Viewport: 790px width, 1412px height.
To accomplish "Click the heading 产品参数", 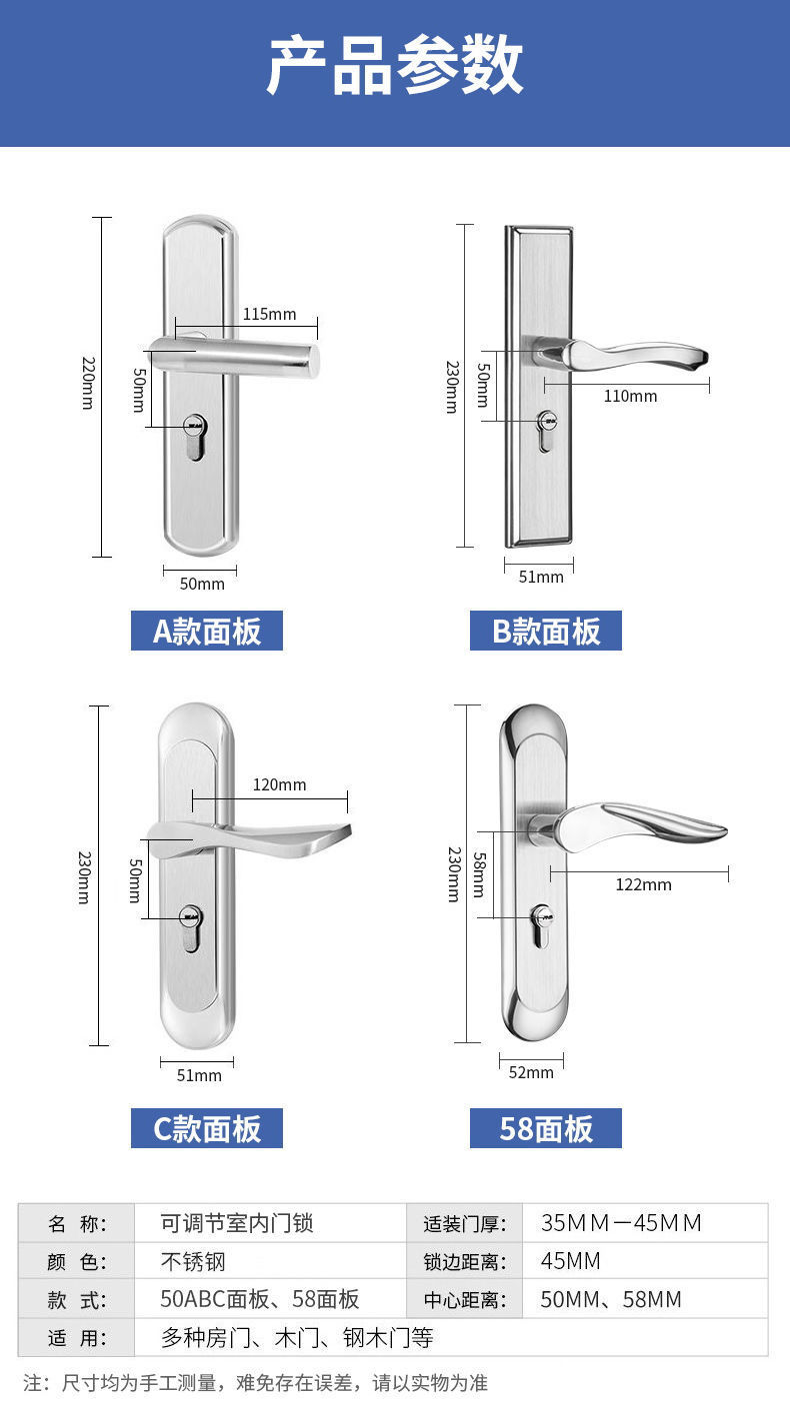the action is pos(395,65).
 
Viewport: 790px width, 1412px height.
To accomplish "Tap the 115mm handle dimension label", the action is pos(269,314).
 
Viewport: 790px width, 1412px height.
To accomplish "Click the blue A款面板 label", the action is pos(207,632).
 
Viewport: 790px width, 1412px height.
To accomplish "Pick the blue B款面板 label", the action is pos(546,632).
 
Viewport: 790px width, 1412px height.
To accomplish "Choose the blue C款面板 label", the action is pos(207,1129).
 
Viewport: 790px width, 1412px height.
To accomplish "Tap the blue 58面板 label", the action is pos(546,1129).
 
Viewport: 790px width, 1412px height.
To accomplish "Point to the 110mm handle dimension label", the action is pos(630,396).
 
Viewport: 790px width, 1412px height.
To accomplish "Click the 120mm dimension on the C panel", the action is pos(279,784).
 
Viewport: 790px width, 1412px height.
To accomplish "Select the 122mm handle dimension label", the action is pos(643,884).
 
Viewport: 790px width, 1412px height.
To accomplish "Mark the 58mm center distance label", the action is pos(479,874).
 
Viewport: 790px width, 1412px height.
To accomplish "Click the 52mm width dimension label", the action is pos(531,1072).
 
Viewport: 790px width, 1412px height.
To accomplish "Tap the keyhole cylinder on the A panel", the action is pos(195,438).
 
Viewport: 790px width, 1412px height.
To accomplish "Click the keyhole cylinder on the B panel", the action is pos(546,430).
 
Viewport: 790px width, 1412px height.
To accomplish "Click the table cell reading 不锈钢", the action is pos(193,1261).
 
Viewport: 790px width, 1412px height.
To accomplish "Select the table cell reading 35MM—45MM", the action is pos(621,1223).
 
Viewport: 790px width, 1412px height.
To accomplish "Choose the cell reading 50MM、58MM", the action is pos(611,1299).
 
